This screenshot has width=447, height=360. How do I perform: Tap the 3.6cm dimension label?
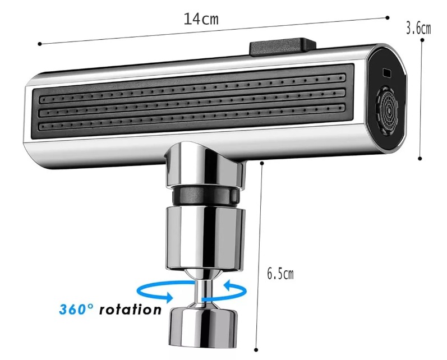tap(418, 28)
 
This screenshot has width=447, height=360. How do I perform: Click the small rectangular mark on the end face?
tap(387, 72)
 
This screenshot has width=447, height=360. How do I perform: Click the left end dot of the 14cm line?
tap(40, 43)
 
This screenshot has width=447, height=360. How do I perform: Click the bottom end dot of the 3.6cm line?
tap(420, 159)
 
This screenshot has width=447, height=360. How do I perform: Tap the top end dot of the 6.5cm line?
tap(261, 163)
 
